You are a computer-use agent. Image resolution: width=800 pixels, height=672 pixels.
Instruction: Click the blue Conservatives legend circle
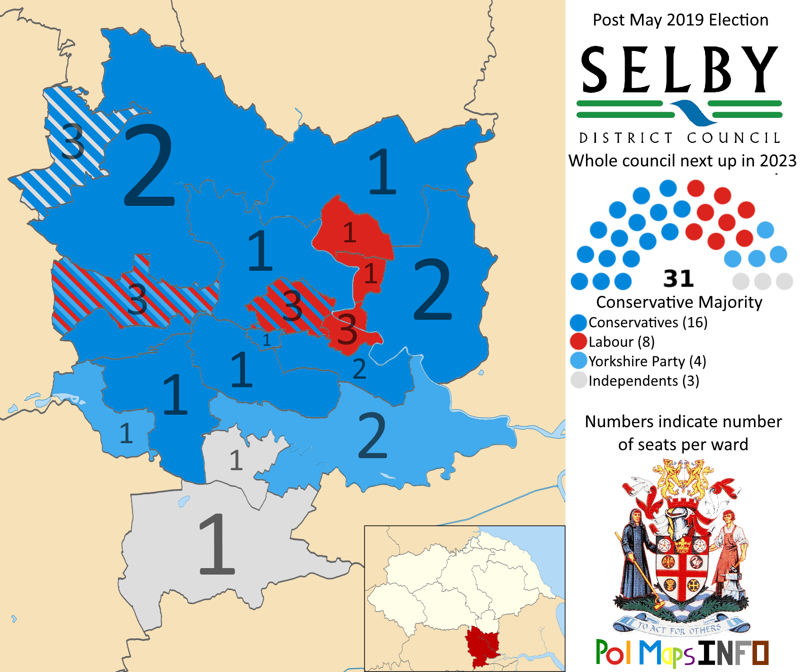(578, 322)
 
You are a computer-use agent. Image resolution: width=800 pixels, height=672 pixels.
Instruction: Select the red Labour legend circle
(578, 341)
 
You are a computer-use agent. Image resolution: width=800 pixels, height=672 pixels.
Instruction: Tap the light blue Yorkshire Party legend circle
(578, 361)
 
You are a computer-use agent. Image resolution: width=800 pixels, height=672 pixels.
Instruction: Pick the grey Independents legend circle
(578, 380)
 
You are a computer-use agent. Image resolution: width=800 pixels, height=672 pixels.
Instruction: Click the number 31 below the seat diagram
(678, 279)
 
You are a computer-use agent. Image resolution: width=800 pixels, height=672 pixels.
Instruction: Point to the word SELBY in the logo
(679, 70)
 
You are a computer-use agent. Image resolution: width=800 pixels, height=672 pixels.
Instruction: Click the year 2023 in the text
(777, 161)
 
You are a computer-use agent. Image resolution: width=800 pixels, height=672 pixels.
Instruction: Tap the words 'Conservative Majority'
(679, 302)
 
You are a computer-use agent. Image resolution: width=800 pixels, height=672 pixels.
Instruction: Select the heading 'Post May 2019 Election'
(680, 20)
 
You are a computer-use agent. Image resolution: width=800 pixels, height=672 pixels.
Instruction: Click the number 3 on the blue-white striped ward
(73, 141)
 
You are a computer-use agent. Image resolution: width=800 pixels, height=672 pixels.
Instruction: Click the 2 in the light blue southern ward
(372, 436)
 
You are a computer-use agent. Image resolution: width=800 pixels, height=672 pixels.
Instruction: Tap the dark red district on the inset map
(482, 647)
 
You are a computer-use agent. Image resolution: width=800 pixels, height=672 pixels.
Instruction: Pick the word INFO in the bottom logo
(733, 653)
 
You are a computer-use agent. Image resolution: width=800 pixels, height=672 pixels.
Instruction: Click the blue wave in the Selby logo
(692, 112)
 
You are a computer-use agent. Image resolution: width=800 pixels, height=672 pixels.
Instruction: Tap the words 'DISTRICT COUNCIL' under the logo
(679, 138)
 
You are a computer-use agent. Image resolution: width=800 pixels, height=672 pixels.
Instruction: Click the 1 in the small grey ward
(236, 460)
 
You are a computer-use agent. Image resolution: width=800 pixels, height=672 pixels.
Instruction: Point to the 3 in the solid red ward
(347, 329)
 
